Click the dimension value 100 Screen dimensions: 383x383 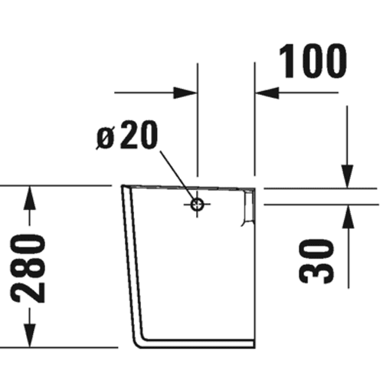coord(313,61)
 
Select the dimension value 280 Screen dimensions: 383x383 coord(28,269)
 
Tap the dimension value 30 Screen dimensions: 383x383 coord(316,261)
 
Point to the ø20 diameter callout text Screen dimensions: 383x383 coord(127,135)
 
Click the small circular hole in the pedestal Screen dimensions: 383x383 coord(197,205)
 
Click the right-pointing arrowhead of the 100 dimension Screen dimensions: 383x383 coord(185,93)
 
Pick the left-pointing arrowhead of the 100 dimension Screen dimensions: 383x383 coord(267,93)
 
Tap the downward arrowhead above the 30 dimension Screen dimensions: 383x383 coord(347,176)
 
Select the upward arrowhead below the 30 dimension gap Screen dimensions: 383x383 coord(349,217)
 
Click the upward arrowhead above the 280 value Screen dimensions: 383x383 coord(30,198)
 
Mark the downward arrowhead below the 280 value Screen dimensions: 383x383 coord(30,336)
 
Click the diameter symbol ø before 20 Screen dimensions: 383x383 coord(105,139)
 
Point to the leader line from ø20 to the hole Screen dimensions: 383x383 coord(178,175)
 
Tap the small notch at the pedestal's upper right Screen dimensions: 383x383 coord(248,207)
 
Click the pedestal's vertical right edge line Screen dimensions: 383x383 coord(254,268)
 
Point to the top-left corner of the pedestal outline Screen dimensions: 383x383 coord(122,186)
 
